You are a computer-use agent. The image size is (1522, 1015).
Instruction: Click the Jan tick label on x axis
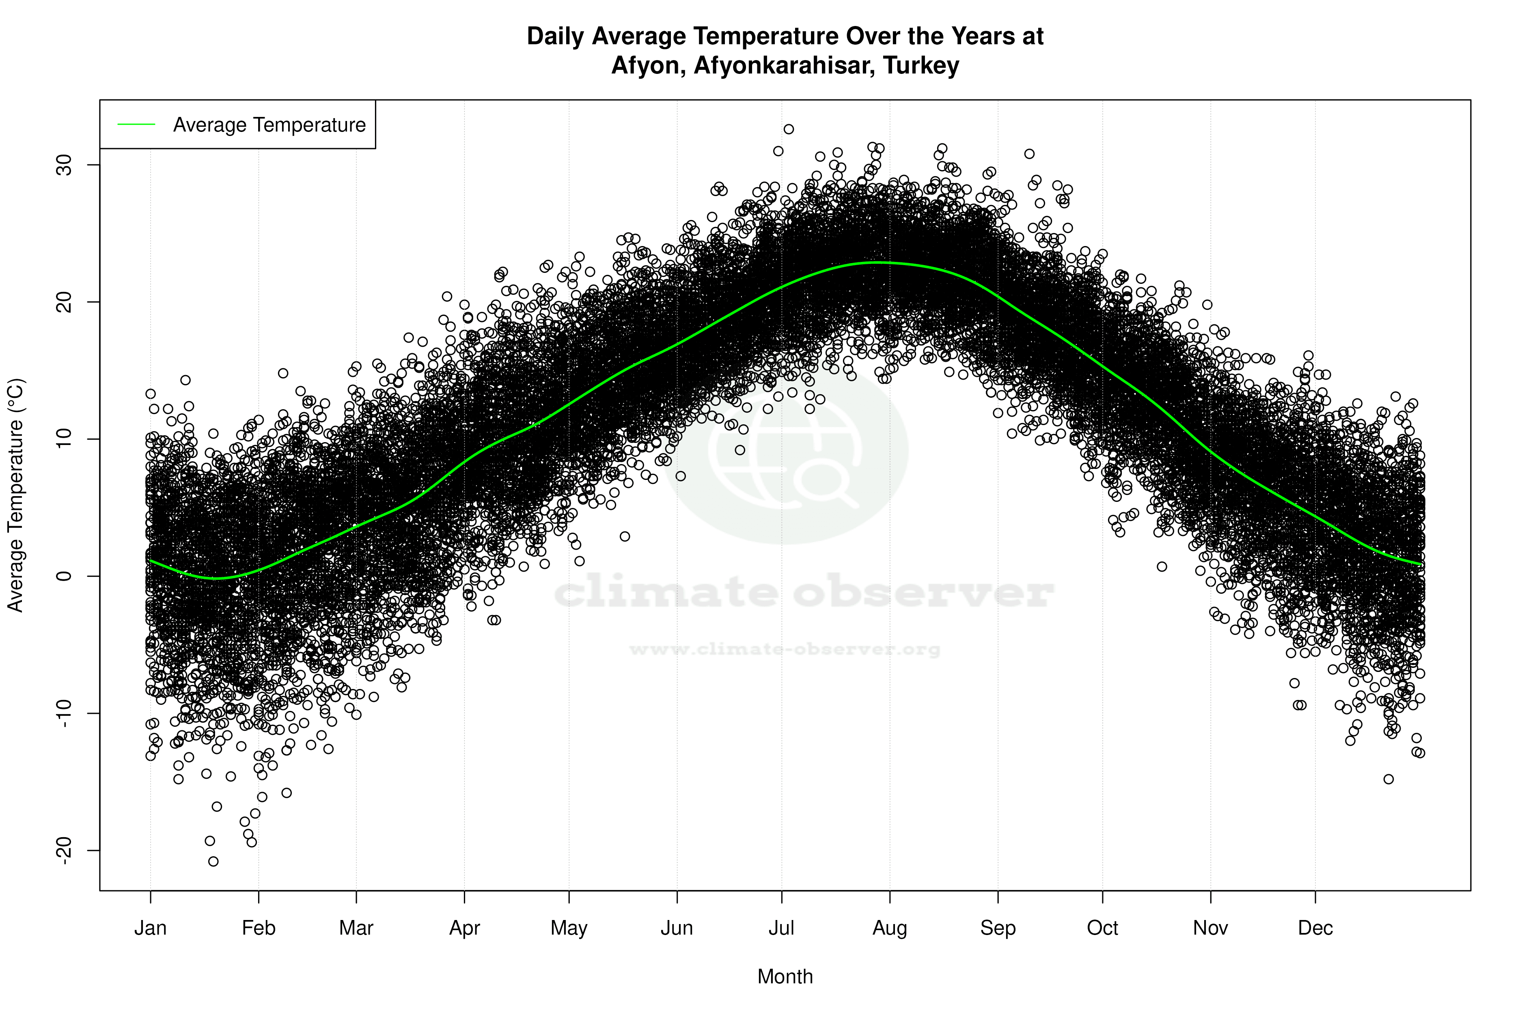[x=150, y=928]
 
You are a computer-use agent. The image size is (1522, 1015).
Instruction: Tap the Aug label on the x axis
[x=889, y=928]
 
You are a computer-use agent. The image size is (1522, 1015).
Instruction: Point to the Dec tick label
[x=1315, y=928]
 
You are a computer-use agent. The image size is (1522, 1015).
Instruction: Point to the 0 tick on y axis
[x=63, y=576]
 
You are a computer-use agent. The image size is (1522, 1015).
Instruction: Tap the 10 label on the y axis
[x=63, y=439]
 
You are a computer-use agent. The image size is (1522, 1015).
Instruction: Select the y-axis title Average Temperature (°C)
[x=15, y=495]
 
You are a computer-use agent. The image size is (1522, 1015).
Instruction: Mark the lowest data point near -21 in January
[x=213, y=862]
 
